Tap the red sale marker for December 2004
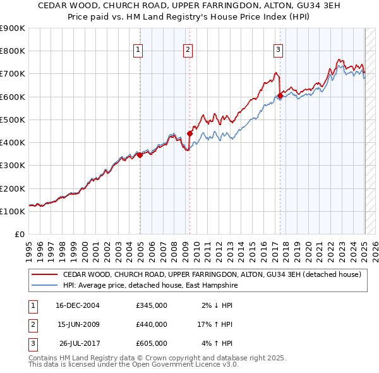[140, 155]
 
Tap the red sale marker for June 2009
[189, 133]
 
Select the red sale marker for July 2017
[280, 95]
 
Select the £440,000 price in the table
[152, 324]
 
